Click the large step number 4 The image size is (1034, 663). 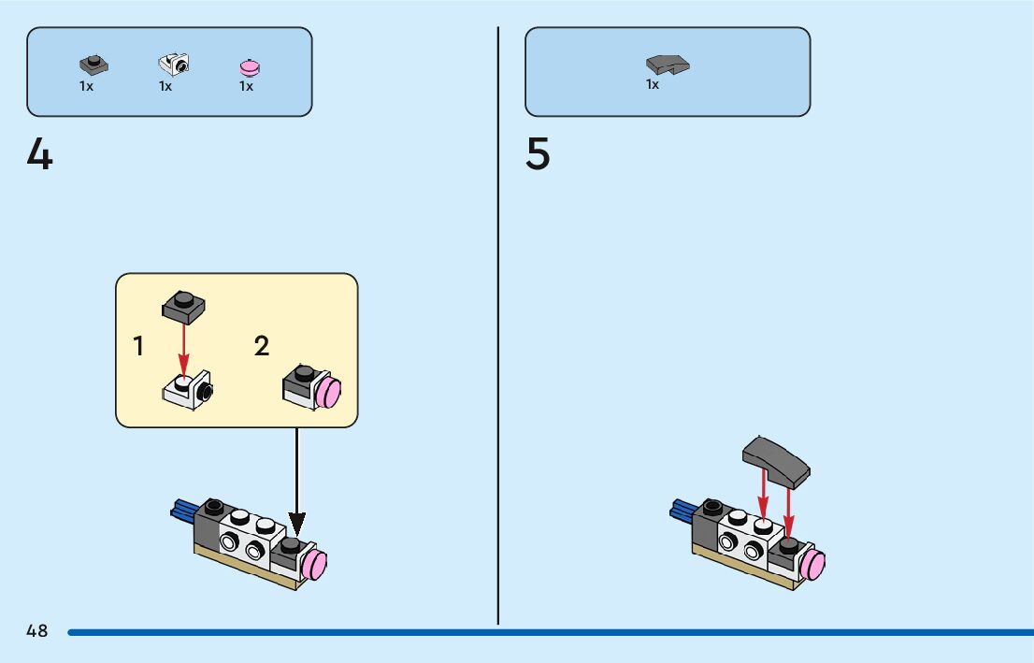click(x=40, y=154)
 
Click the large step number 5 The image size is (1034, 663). click(x=538, y=154)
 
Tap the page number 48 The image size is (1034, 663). click(x=37, y=631)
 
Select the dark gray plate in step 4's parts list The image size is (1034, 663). click(x=93, y=65)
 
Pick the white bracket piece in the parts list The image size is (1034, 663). click(x=174, y=63)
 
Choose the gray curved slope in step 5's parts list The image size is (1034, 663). click(x=667, y=65)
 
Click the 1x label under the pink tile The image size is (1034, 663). click(x=246, y=86)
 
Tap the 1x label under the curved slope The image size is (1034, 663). click(x=653, y=84)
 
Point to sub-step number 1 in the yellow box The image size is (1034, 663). click(x=138, y=347)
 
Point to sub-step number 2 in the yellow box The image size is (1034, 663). click(x=262, y=347)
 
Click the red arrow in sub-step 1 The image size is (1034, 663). click(x=184, y=347)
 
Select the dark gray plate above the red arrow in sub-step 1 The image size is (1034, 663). click(x=184, y=305)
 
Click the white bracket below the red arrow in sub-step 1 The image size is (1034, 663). click(x=187, y=390)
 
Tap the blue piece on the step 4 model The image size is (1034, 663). click(x=182, y=509)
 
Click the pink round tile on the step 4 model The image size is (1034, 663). click(x=314, y=565)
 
